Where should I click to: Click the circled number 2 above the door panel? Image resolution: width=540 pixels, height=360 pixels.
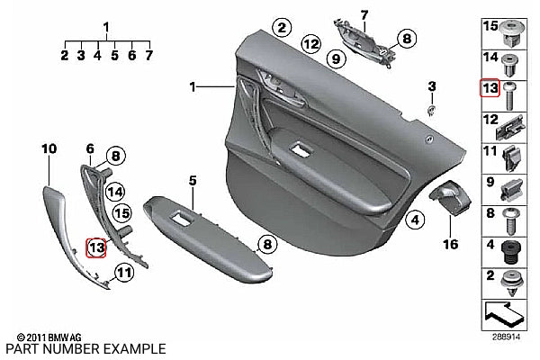tap(282, 28)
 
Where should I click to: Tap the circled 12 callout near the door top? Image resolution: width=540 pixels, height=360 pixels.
tap(310, 44)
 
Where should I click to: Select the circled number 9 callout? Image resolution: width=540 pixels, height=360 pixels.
tap(336, 58)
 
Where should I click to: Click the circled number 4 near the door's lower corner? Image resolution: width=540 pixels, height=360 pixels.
tap(415, 220)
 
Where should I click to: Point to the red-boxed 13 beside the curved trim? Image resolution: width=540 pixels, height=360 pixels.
tap(96, 247)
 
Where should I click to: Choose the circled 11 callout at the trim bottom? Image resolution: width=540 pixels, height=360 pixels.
tap(124, 273)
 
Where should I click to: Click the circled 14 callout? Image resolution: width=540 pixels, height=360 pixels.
tap(115, 192)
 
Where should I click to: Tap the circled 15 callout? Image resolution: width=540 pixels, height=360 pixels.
tap(122, 213)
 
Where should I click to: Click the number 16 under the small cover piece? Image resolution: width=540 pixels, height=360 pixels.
tap(451, 244)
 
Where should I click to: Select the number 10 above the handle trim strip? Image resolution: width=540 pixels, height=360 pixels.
tap(49, 148)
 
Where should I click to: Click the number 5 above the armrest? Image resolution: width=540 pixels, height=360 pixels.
tap(193, 181)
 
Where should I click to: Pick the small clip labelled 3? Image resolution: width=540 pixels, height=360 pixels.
tap(431, 111)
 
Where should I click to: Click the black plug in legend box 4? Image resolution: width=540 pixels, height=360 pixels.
tap(511, 253)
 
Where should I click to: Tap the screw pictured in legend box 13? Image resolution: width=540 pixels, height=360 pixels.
tap(509, 95)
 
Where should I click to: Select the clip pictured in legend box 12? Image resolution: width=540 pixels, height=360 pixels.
tap(511, 128)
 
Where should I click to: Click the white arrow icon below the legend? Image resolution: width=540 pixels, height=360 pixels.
tap(504, 314)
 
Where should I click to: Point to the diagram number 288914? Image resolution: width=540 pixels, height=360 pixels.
tap(506, 337)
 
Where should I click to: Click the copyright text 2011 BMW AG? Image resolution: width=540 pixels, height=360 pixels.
tap(49, 337)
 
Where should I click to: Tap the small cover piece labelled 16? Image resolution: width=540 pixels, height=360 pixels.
tap(450, 197)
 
